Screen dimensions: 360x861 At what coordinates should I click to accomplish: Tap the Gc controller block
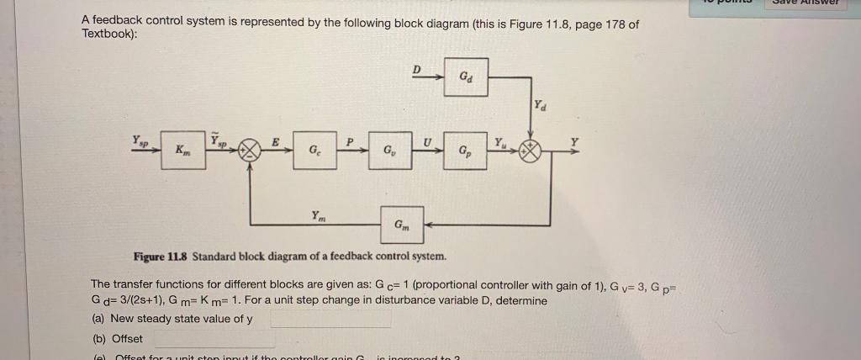pyautogui.click(x=314, y=151)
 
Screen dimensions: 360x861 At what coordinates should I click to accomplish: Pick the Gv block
pyautogui.click(x=388, y=151)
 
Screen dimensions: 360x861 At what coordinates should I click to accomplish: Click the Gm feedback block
pyautogui.click(x=401, y=225)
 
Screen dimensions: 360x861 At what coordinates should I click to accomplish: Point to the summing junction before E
pyautogui.click(x=250, y=152)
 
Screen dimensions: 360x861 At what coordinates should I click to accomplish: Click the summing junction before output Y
pyautogui.click(x=530, y=152)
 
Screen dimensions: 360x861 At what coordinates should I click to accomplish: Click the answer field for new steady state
pyautogui.click(x=330, y=319)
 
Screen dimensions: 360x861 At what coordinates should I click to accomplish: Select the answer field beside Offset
pyautogui.click(x=214, y=338)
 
